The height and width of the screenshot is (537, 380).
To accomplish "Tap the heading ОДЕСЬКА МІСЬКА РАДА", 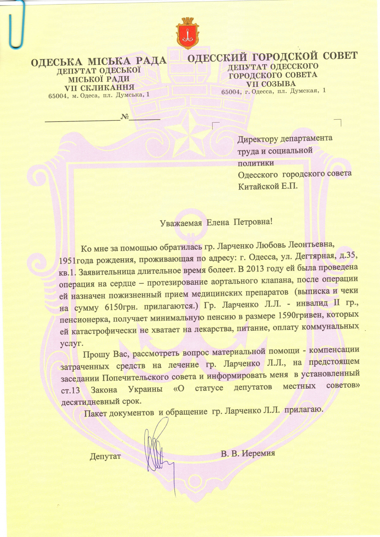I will point(98,61).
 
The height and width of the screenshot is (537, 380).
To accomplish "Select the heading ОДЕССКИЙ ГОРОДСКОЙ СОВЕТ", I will point(272,57).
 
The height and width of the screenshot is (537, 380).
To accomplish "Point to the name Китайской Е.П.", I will point(268,186).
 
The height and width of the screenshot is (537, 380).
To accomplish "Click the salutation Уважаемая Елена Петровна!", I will point(216,222).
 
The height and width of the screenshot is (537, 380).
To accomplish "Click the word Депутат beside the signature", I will point(105,456).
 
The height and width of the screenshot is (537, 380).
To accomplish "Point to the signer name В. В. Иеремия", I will point(248,453).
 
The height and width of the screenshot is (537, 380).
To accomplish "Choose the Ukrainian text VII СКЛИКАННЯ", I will point(99,88).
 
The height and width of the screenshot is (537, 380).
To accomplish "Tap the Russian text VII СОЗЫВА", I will point(271,84).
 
